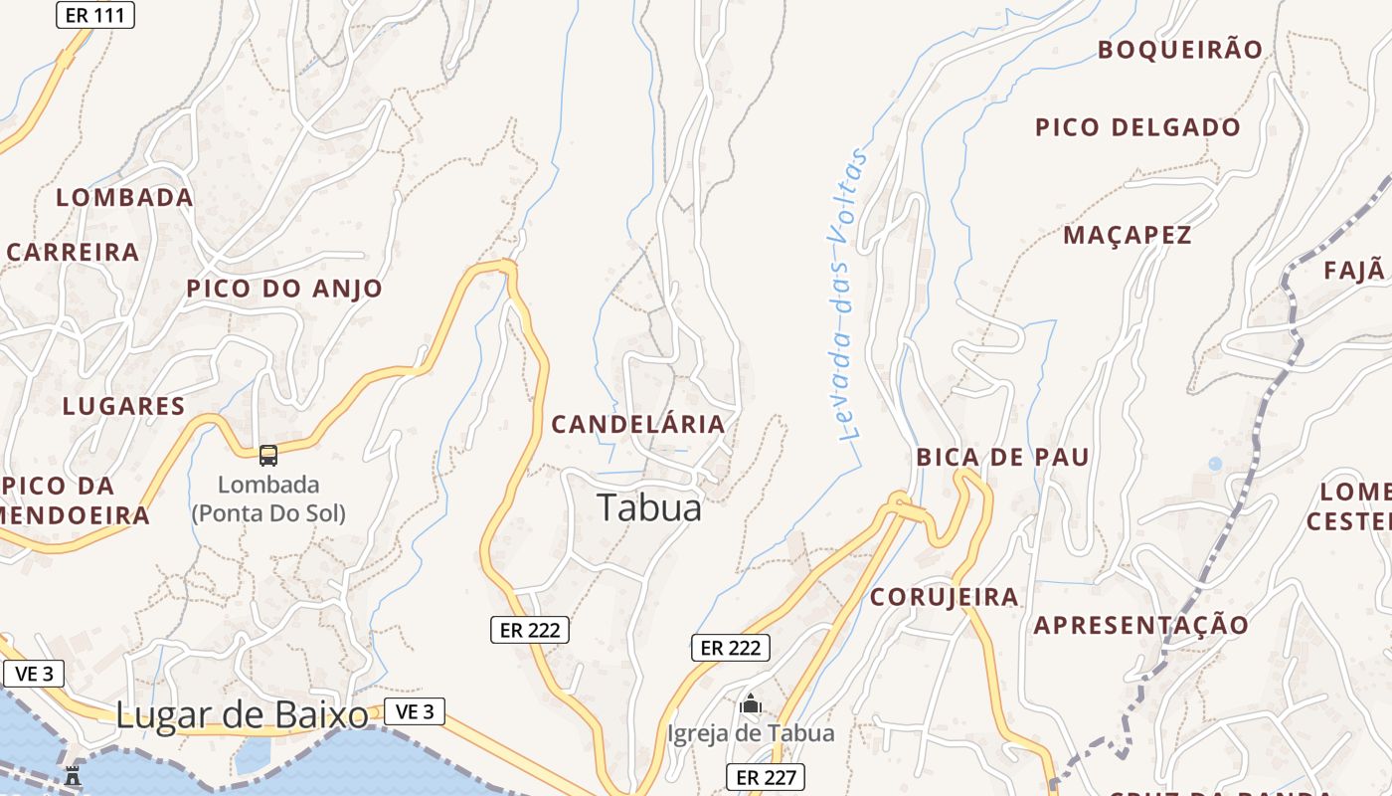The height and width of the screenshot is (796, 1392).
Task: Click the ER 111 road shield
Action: click(x=94, y=14)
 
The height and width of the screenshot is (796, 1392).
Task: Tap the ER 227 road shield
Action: click(x=765, y=777)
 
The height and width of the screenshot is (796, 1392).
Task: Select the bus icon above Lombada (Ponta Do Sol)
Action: click(x=268, y=455)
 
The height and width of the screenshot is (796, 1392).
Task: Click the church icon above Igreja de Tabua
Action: click(x=751, y=704)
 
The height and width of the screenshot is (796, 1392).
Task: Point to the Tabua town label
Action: click(x=649, y=507)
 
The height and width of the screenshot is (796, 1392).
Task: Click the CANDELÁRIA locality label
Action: click(x=638, y=424)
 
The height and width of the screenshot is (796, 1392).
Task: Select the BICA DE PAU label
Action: click(x=1002, y=458)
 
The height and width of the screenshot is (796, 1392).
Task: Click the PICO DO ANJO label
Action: click(x=284, y=289)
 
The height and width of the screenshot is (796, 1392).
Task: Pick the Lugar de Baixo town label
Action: click(x=242, y=714)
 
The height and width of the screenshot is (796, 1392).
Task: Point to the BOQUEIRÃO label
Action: click(x=1179, y=50)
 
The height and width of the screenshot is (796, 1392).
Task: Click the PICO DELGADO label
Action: click(x=1137, y=127)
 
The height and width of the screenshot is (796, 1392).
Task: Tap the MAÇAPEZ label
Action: click(x=1127, y=236)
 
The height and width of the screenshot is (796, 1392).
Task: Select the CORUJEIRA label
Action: click(x=944, y=597)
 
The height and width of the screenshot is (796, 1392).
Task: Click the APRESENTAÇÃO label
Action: click(x=1140, y=626)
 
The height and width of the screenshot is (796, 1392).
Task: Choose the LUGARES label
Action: click(x=123, y=406)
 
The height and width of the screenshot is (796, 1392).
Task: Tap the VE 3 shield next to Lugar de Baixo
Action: click(x=415, y=711)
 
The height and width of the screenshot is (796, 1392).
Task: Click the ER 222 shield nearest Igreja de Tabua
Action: click(x=731, y=648)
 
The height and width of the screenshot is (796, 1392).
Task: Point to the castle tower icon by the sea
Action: click(x=73, y=775)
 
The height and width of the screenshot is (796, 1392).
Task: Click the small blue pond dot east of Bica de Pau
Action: click(x=1214, y=464)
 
